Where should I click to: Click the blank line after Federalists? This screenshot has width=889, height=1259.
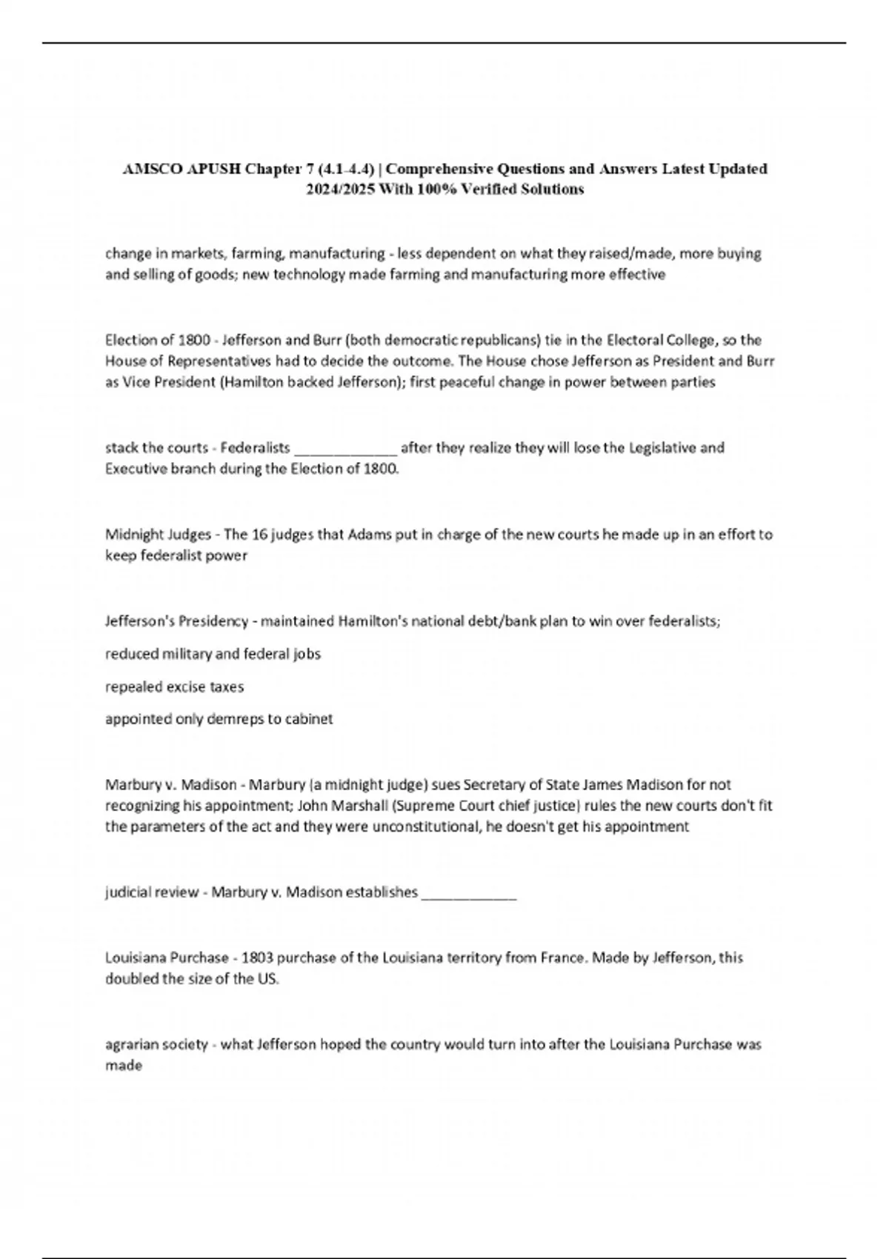point(346,448)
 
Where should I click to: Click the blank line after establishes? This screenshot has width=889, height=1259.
point(468,893)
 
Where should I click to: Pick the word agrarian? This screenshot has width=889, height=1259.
point(130,1045)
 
